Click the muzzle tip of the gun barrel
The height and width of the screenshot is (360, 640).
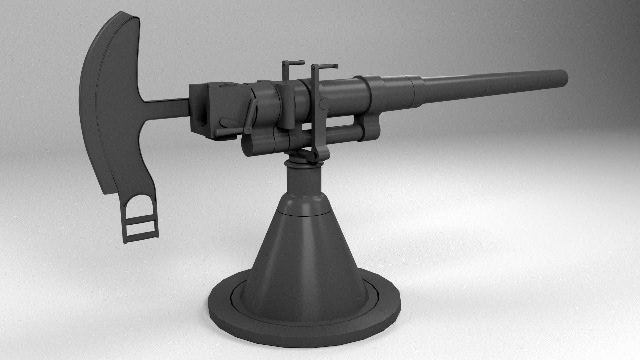pos(563,79)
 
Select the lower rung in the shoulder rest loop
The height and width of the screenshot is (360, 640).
pos(140,232)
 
